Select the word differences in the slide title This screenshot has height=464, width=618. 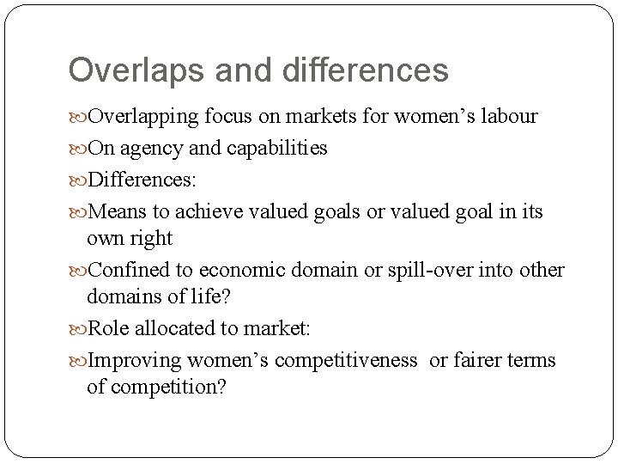click(346, 70)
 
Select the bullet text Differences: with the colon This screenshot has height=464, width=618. click(142, 180)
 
